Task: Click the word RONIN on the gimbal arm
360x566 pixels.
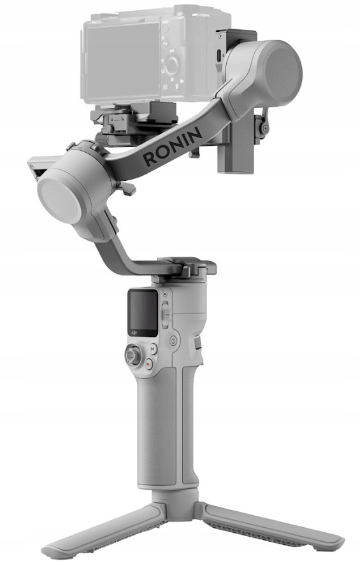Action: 172,146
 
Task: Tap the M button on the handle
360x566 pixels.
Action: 153,349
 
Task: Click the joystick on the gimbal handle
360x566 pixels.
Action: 133,355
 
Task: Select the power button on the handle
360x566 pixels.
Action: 175,340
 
